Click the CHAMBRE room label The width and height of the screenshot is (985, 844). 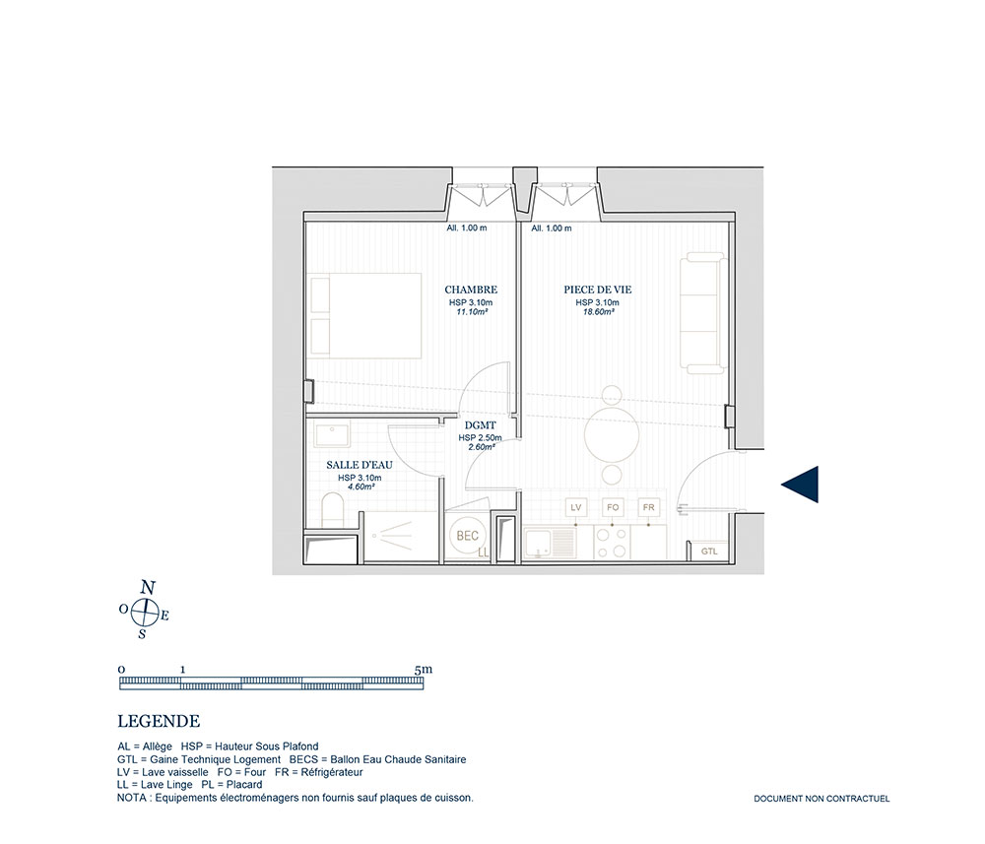click(471, 290)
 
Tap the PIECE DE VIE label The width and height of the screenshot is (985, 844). click(598, 290)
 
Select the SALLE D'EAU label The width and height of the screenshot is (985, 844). click(360, 465)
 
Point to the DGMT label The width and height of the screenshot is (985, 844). click(480, 425)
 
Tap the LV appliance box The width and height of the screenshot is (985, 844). click(576, 507)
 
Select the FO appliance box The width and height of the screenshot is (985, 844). click(613, 507)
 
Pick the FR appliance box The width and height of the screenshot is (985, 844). click(649, 507)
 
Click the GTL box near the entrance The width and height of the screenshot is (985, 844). click(709, 551)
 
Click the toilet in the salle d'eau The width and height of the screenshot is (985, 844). click(332, 510)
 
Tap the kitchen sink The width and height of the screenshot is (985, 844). click(550, 544)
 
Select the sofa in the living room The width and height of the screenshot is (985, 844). click(704, 313)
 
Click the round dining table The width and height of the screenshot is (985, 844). click(612, 434)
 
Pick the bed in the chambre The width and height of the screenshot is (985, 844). click(363, 315)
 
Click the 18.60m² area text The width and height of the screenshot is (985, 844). click(598, 311)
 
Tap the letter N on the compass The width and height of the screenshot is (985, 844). click(148, 588)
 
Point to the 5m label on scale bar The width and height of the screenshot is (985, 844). click(424, 670)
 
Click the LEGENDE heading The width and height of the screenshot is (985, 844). click(159, 721)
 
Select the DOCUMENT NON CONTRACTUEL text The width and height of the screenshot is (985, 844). click(821, 799)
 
